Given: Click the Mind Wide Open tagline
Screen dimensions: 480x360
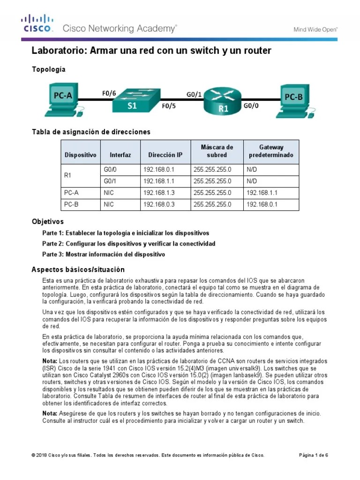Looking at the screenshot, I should point(315,29).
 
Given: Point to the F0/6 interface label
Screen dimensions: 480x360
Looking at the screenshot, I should point(109,93).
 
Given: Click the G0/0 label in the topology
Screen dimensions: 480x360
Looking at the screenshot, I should point(251,106).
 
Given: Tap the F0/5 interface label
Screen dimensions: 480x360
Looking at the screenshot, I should point(169,106).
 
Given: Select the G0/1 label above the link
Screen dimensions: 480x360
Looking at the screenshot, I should point(194,94).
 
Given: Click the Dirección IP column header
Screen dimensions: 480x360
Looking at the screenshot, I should point(165,155).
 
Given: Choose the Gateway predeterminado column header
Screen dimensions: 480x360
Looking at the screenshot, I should point(271,151).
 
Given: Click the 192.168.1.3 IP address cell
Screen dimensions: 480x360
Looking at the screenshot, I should point(158,192).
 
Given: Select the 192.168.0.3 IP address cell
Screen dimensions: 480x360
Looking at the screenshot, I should point(158,204).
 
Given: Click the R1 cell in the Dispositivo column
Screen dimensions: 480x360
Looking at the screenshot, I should point(67,175).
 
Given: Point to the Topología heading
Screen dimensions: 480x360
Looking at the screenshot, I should point(48,69).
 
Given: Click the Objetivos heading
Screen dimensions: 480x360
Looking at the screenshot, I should point(47,221).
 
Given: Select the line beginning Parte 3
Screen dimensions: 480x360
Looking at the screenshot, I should point(103,255).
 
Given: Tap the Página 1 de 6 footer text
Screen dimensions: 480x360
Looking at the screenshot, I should point(314,455).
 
